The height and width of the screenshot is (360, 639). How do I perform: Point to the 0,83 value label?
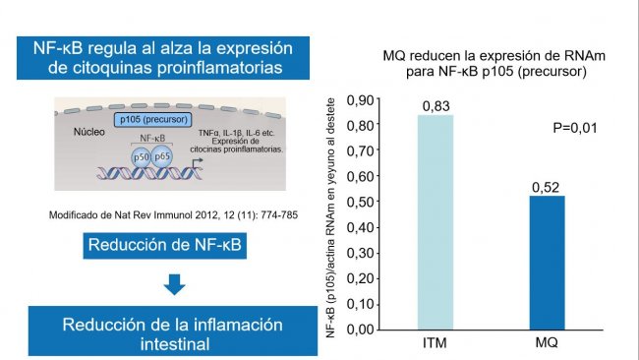pos(436,104)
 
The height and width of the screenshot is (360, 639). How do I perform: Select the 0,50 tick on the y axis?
pos(362,202)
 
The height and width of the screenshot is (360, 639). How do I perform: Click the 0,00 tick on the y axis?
pos(362,329)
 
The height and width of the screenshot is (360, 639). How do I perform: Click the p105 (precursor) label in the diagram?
pos(148,119)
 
